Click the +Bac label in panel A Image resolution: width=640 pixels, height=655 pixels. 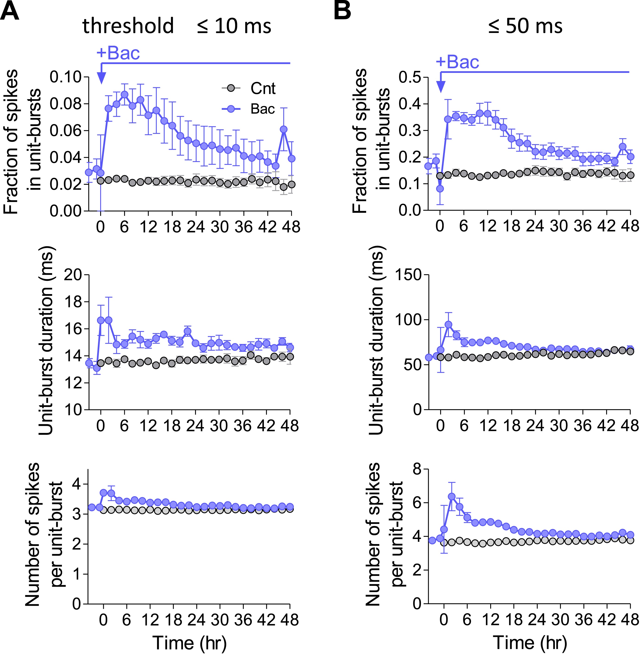(118, 53)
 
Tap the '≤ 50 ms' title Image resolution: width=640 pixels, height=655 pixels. (525, 26)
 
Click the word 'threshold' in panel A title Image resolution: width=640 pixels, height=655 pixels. (128, 26)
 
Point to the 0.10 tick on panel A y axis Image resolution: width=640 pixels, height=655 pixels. (66, 77)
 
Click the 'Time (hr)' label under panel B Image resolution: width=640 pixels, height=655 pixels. (530, 643)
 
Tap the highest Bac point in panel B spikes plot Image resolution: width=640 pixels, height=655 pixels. (452, 496)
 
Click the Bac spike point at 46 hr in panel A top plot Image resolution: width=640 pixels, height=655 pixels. (284, 129)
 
